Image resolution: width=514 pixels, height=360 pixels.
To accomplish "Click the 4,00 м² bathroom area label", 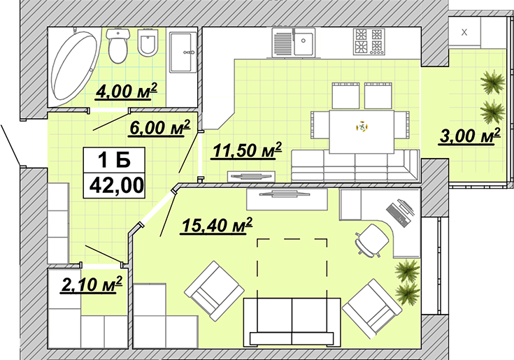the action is [126, 91].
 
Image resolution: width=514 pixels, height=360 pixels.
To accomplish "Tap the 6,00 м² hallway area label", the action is [160, 127].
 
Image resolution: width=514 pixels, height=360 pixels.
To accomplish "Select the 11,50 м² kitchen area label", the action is [247, 151].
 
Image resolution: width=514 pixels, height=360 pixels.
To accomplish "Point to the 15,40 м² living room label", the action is [217, 226].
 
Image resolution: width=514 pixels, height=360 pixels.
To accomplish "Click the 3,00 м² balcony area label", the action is [470, 136].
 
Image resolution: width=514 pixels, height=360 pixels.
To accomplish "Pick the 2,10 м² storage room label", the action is [92, 285].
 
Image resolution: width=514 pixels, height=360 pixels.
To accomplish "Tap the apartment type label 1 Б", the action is [115, 161].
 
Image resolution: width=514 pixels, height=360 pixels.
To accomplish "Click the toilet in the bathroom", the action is [119, 45].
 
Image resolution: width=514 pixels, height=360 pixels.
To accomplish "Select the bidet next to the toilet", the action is [148, 43].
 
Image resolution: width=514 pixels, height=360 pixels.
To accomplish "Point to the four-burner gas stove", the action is [369, 42].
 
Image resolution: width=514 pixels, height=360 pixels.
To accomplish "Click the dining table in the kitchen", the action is [362, 131].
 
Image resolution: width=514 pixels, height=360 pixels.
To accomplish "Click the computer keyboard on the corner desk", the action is [395, 214].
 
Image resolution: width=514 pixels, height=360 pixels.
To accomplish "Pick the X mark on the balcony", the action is [464, 32].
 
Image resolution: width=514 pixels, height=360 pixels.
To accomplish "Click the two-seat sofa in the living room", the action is [292, 322].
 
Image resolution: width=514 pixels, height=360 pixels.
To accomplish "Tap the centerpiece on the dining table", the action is [362, 127].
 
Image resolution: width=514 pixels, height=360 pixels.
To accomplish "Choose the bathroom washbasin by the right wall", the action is [183, 52].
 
